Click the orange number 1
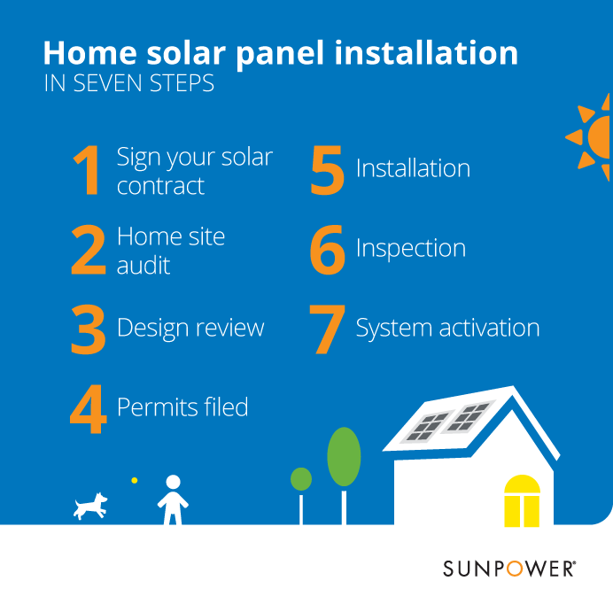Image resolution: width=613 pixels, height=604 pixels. click(x=88, y=170)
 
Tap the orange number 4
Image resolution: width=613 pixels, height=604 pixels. click(x=89, y=409)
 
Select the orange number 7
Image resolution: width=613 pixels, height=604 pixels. click(x=327, y=329)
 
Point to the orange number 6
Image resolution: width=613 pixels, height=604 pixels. click(x=328, y=250)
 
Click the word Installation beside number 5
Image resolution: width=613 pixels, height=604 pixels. click(x=413, y=168)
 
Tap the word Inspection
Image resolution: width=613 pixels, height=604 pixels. click(x=411, y=249)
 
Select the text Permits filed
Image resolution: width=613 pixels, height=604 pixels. click(x=182, y=407)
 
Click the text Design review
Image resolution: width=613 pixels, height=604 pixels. click(x=190, y=328)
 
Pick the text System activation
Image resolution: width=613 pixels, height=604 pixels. click(x=448, y=328)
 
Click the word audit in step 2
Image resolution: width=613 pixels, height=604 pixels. click(x=144, y=265)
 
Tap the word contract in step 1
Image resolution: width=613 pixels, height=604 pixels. click(x=160, y=186)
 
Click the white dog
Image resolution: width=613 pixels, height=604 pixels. click(x=90, y=506)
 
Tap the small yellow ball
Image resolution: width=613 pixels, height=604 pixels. click(x=135, y=480)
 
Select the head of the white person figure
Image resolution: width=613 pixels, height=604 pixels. click(x=174, y=482)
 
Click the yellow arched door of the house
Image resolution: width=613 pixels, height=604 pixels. click(x=522, y=500)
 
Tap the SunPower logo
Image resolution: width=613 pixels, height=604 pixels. click(x=509, y=569)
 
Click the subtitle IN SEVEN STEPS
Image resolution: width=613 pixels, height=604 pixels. click(x=129, y=83)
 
